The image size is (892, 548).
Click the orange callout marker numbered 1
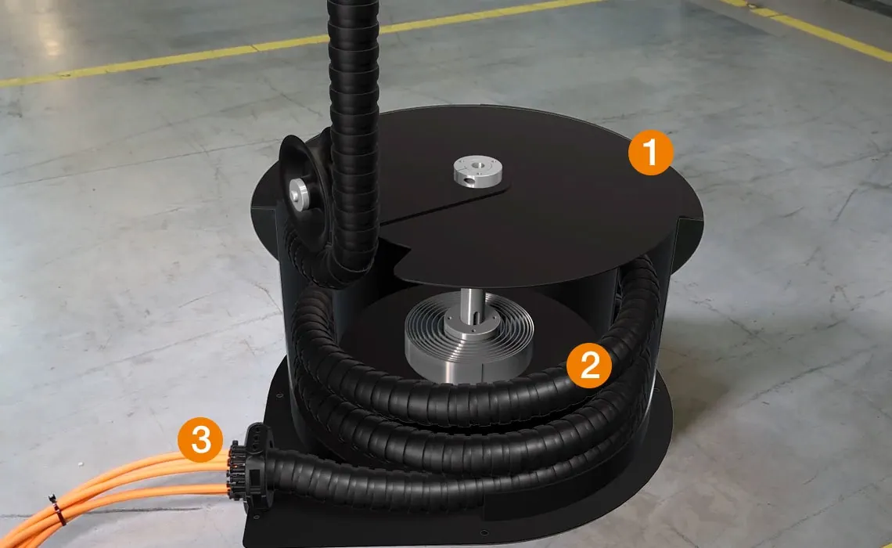point(651,152)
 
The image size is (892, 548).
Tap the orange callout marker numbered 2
point(589,366)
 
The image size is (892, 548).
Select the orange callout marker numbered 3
point(200,440)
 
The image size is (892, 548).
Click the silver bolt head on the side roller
point(297,193)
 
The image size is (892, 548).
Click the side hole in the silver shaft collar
point(468,179)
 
